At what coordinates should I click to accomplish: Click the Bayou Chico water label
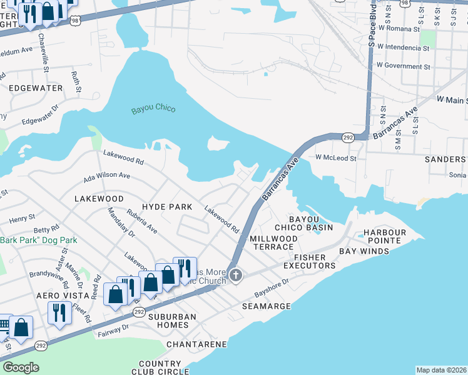pyautogui.click(x=153, y=110)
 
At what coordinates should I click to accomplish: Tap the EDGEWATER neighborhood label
pyautogui.click(x=36, y=88)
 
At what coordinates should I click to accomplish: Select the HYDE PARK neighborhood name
pyautogui.click(x=167, y=206)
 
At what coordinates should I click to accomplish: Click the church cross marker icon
pyautogui.click(x=235, y=275)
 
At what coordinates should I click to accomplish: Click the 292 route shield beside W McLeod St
pyautogui.click(x=348, y=136)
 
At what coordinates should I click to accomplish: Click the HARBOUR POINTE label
pyautogui.click(x=385, y=237)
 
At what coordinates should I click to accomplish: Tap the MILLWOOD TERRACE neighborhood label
pyautogui.click(x=274, y=243)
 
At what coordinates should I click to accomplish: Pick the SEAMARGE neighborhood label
pyautogui.click(x=267, y=306)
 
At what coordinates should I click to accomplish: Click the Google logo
pyautogui.click(x=21, y=367)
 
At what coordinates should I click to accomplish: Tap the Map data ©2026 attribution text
pyautogui.click(x=441, y=370)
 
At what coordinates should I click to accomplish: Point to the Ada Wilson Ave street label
pyautogui.click(x=107, y=176)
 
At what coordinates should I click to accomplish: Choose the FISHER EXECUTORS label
pyautogui.click(x=310, y=261)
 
